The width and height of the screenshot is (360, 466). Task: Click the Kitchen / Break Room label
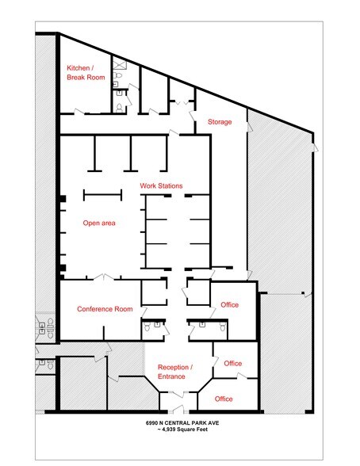[86, 73]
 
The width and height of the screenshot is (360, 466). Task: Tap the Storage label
[220, 122]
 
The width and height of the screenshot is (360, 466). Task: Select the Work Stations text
[161, 185]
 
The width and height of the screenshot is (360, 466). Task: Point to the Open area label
[99, 223]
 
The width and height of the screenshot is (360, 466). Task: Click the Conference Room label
[105, 309]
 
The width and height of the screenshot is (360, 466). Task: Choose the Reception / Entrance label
[175, 372]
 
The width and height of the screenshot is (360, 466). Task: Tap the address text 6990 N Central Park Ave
[182, 423]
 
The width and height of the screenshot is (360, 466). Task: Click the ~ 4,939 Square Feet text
[182, 430]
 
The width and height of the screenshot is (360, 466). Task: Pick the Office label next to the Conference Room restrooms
[229, 305]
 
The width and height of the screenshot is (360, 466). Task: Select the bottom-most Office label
[224, 399]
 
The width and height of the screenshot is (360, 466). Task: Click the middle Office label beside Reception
[233, 364]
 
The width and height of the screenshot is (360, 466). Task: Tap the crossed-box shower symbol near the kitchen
[120, 64]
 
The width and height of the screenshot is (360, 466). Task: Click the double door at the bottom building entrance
[178, 410]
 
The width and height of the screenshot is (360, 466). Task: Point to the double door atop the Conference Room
[103, 277]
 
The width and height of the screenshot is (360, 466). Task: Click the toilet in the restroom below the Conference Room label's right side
[147, 327]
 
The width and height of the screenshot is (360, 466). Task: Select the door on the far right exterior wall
[315, 147]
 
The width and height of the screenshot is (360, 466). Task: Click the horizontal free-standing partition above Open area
[102, 195]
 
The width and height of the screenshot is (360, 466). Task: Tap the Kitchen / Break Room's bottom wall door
[79, 112]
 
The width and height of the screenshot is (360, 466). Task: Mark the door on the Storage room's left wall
[193, 116]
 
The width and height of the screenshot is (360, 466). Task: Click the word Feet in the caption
[202, 430]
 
